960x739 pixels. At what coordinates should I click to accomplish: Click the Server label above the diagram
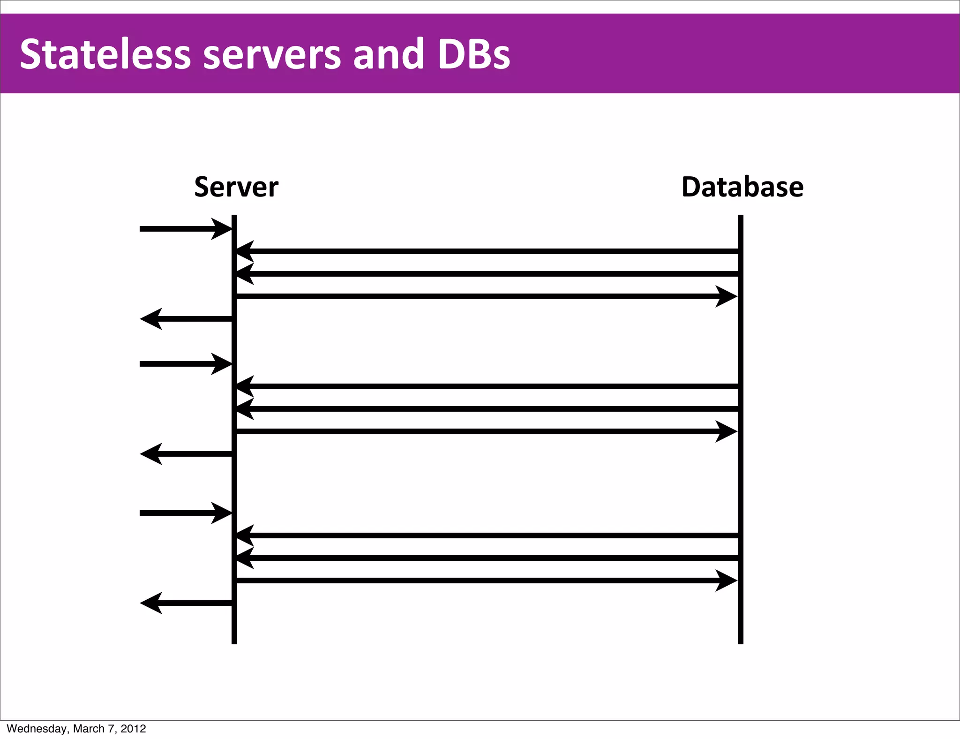click(236, 187)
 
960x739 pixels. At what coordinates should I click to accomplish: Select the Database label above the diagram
click(742, 187)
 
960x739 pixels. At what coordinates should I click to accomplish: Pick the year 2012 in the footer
click(133, 729)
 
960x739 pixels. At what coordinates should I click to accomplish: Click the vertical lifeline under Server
click(234, 624)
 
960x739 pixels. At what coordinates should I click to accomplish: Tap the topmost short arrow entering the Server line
click(183, 229)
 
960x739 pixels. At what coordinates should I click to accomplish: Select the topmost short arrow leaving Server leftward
click(187, 319)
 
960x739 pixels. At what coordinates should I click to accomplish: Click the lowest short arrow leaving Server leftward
click(187, 603)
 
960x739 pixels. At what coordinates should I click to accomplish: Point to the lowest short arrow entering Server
click(183, 513)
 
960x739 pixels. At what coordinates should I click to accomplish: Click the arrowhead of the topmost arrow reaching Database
click(727, 296)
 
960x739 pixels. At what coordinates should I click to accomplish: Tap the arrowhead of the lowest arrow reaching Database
click(727, 581)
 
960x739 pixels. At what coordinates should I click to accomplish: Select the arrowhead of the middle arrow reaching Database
click(727, 431)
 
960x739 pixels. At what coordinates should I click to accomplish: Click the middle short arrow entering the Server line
click(183, 364)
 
